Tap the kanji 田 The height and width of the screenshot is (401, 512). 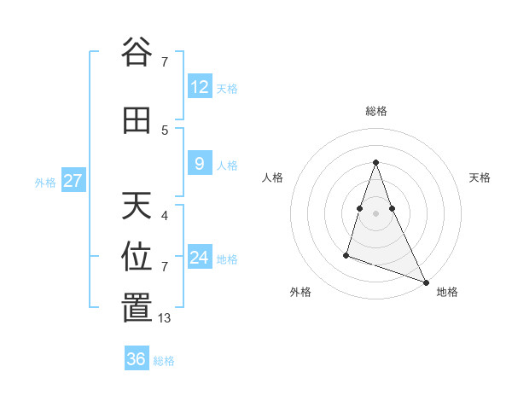coord(137,121)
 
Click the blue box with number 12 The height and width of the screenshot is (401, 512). coord(200,87)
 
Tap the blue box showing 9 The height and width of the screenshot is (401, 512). coord(200,164)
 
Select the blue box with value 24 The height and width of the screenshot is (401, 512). coord(200,258)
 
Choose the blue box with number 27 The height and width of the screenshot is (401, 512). coord(73,181)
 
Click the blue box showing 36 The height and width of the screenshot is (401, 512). coord(137,359)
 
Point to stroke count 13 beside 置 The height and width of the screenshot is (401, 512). coord(165,318)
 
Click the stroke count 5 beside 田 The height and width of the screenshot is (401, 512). coord(165,130)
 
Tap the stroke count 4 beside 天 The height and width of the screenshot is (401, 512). coord(165,216)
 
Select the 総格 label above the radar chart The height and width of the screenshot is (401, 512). coord(375,111)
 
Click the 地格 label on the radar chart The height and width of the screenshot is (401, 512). coord(447,292)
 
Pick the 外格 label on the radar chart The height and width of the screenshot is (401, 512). coord(300,292)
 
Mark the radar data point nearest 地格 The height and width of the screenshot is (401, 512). coord(425,282)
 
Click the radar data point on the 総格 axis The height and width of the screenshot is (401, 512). coord(375,162)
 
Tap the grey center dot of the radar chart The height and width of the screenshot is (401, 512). coord(375,200)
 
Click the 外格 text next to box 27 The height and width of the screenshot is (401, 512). coord(45,182)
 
